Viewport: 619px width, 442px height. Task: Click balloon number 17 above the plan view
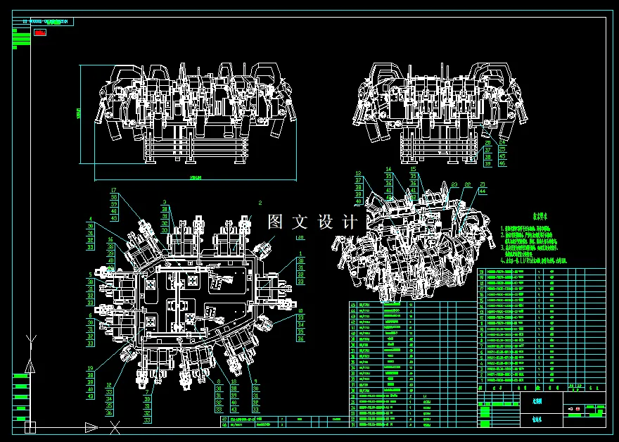[114, 190]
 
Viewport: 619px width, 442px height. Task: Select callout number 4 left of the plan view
[90, 219]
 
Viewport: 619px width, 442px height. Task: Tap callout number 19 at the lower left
[90, 368]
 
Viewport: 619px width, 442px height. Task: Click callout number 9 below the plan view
[254, 381]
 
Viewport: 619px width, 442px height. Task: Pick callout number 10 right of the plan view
[300, 310]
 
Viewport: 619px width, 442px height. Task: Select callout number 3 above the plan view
[164, 202]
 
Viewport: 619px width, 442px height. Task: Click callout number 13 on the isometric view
[357, 173]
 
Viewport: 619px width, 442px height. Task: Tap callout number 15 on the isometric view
[413, 170]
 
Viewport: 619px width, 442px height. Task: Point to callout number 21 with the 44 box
[482, 184]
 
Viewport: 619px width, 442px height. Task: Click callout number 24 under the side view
[502, 143]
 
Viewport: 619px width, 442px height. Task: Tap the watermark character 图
[276, 222]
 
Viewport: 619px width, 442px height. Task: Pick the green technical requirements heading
[521, 217]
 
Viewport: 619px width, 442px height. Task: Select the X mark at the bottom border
[114, 427]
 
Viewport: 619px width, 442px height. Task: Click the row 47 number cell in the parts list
[224, 419]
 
